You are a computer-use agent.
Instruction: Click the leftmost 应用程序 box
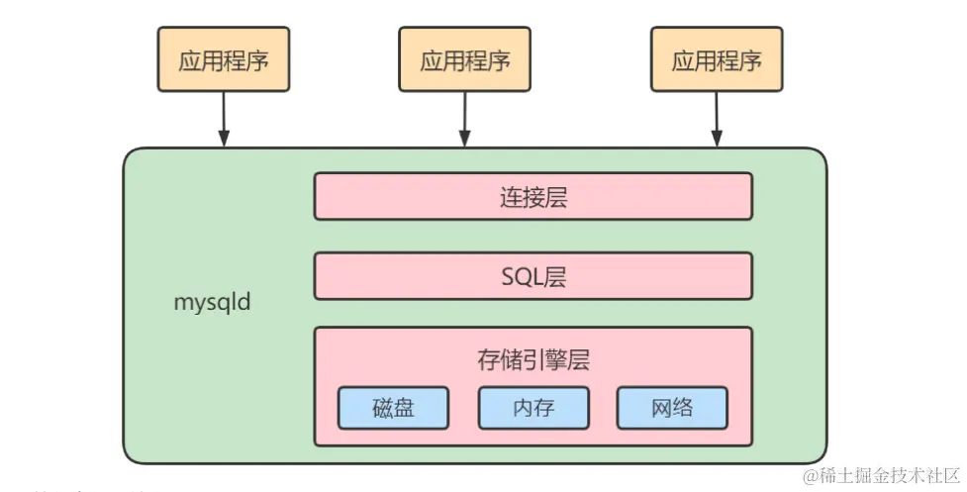pyautogui.click(x=223, y=59)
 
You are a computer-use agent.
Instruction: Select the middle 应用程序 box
pyautogui.click(x=464, y=59)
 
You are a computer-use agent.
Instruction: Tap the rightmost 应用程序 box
pyautogui.click(x=717, y=59)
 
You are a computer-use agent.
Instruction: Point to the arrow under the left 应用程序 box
pyautogui.click(x=224, y=119)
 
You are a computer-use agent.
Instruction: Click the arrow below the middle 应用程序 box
pyautogui.click(x=464, y=119)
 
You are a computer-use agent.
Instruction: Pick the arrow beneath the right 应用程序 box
pyautogui.click(x=717, y=119)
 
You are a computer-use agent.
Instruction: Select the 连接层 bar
pyautogui.click(x=532, y=196)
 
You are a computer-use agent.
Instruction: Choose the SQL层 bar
pyautogui.click(x=532, y=276)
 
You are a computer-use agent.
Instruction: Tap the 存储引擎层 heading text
pyautogui.click(x=532, y=359)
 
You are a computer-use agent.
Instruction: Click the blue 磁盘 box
pyautogui.click(x=393, y=407)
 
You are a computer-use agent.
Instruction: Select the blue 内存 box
pyautogui.click(x=532, y=407)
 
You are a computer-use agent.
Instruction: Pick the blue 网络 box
pyautogui.click(x=672, y=407)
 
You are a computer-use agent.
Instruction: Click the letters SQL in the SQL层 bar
pyautogui.click(x=522, y=276)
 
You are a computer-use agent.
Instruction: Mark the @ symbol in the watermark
pyautogui.click(x=811, y=475)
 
